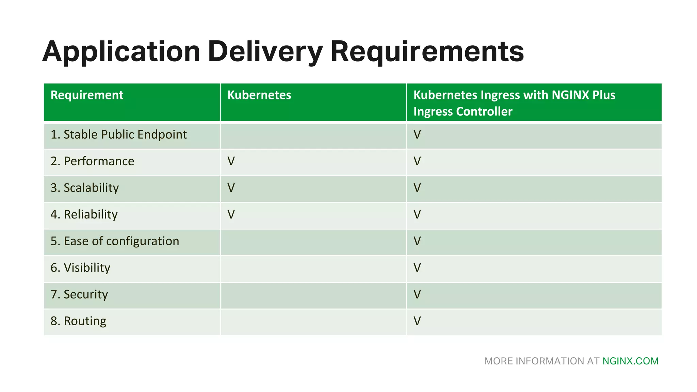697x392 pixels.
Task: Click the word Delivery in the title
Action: (x=265, y=52)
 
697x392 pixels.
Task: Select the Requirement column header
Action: (x=87, y=95)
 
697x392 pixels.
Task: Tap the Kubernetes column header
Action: (x=259, y=95)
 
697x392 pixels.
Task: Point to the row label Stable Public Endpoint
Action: (x=118, y=135)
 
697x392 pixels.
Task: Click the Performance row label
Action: (x=92, y=161)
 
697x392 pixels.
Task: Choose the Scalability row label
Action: (x=84, y=188)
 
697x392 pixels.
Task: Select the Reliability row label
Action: (x=84, y=214)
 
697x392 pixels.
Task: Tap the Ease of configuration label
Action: (x=115, y=241)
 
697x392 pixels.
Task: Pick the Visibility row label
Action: (x=80, y=268)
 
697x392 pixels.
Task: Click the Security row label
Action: (x=79, y=294)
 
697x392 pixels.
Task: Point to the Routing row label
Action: (x=78, y=321)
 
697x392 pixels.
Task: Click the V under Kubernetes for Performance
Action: (x=231, y=161)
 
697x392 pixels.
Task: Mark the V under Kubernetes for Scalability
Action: (x=231, y=188)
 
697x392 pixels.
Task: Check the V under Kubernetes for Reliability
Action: (x=231, y=214)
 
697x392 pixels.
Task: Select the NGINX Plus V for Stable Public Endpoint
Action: (x=417, y=135)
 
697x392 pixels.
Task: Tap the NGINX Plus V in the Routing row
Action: (x=417, y=321)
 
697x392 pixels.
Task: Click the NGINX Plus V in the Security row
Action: (x=417, y=294)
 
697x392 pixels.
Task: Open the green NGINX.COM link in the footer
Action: (x=630, y=361)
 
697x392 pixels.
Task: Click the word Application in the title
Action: (x=121, y=52)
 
